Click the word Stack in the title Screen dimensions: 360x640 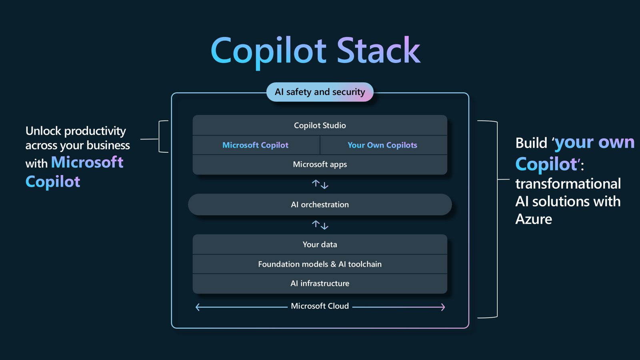pos(378,51)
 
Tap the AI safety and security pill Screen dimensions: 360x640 pos(320,92)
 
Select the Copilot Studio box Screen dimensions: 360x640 pos(320,125)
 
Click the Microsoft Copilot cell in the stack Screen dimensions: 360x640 pos(256,145)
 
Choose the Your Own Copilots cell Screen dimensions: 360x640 pos(382,145)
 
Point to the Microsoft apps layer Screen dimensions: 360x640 pos(320,164)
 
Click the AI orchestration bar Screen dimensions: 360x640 pos(320,204)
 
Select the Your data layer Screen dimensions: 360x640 pos(320,244)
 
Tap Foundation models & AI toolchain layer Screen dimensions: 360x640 pos(320,264)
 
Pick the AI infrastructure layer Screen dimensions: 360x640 pos(320,283)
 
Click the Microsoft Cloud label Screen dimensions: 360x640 pos(320,306)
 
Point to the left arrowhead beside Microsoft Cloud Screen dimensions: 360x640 pos(198,307)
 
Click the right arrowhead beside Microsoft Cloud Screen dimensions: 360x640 pos(442,307)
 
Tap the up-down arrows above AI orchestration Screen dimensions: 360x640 pos(320,184)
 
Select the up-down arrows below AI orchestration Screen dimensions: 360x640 pos(320,225)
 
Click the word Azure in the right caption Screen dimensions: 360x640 pos(534,219)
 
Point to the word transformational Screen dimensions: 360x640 pos(568,184)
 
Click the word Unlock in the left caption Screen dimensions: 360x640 pos(43,131)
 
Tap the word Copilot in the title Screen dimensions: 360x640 pos(268,51)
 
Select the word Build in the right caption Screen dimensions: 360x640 pos(531,143)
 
